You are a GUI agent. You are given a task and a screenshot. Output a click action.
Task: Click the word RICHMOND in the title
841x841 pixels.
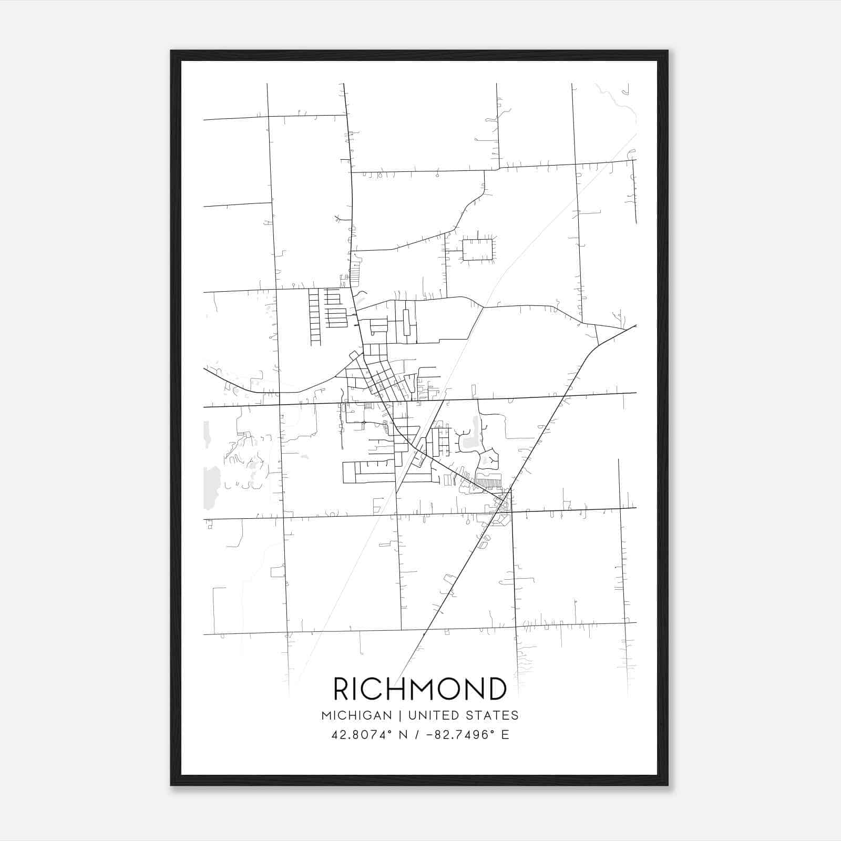point(420,689)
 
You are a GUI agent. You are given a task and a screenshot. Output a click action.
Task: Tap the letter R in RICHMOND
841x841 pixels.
point(342,689)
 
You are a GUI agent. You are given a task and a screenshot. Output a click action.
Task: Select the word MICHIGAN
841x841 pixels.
point(356,715)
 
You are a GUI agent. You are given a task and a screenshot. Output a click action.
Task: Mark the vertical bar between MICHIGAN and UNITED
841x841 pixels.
point(400,715)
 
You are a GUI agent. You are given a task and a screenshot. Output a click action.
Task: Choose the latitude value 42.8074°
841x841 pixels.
point(362,735)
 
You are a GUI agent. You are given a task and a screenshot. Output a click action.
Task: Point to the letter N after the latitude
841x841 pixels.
point(404,735)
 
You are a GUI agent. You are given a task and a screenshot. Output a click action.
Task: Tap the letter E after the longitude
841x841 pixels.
point(505,735)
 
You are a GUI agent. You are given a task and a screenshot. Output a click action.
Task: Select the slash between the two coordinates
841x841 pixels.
point(416,735)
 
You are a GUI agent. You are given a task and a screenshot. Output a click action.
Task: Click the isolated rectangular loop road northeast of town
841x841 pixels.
point(477,250)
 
